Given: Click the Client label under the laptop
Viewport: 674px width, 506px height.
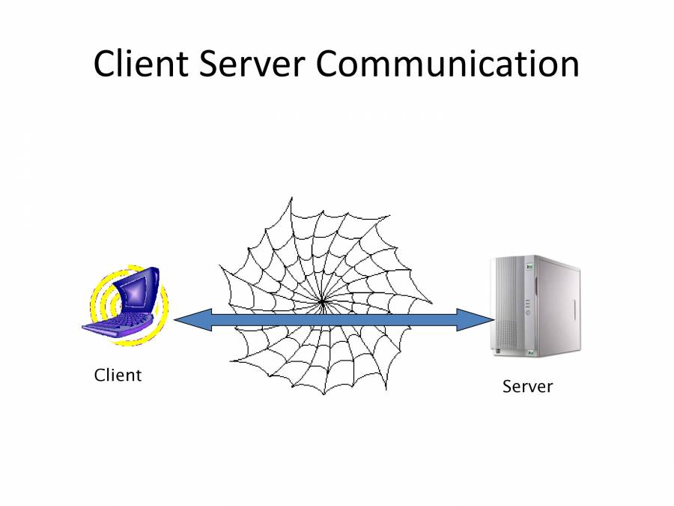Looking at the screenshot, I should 118,375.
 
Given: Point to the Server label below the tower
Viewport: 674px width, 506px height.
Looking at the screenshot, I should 527,387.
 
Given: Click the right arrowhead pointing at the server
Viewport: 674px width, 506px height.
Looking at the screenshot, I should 479,320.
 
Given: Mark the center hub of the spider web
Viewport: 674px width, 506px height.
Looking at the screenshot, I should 322,302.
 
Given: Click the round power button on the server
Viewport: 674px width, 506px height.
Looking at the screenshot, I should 529,313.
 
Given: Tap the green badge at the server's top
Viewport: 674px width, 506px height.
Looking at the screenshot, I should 529,265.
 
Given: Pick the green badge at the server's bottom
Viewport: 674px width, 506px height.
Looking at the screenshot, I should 529,352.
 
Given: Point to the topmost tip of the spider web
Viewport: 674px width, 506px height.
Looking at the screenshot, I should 291,198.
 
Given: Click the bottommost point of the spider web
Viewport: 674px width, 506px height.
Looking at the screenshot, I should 324,395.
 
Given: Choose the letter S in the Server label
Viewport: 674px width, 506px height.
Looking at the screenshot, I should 507,387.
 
